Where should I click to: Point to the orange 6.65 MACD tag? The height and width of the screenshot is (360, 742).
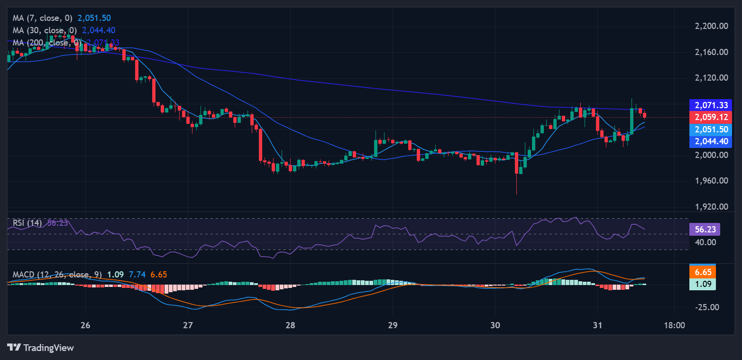pos(702,272)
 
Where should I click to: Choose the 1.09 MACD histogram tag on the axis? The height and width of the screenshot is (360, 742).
pos(702,284)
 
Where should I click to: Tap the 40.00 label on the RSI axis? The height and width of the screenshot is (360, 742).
pos(705,242)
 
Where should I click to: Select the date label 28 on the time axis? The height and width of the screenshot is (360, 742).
pos(291,326)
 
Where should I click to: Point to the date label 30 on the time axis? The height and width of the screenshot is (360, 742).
pos(495,326)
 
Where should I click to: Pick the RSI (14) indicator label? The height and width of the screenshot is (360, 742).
pos(27,223)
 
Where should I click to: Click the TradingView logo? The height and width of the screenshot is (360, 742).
pos(41,348)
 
